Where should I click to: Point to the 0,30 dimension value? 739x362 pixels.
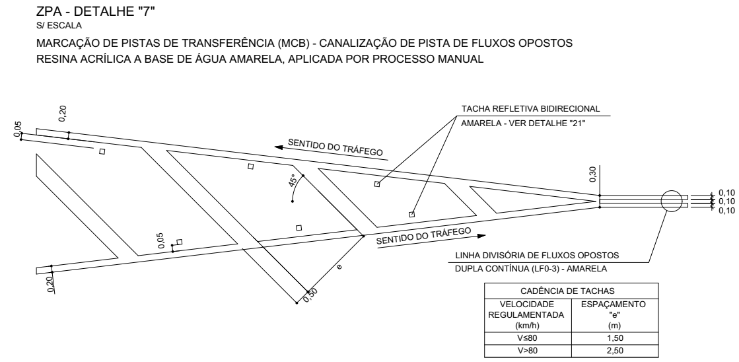pyautogui.click(x=593, y=174)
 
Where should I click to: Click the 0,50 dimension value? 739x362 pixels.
pyautogui.click(x=310, y=295)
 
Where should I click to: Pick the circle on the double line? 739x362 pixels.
pyautogui.click(x=674, y=201)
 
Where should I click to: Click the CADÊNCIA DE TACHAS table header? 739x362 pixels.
pyautogui.click(x=571, y=291)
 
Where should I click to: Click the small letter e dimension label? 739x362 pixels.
pyautogui.click(x=339, y=266)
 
